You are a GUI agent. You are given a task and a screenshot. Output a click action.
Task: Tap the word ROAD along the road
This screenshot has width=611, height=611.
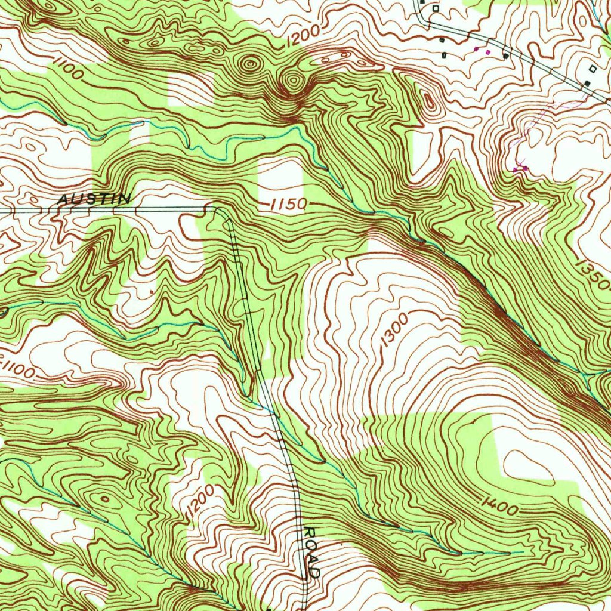(312, 552)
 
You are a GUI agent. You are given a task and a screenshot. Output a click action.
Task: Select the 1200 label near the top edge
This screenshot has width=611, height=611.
(303, 37)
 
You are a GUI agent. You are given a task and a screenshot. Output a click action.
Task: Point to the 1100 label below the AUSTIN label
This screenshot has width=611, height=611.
(18, 370)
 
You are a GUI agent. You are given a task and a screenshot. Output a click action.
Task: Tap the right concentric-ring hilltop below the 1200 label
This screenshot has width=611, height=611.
(292, 81)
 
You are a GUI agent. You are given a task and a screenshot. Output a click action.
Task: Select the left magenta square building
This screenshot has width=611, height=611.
(476, 50)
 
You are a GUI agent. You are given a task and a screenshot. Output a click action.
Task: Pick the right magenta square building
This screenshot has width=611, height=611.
(488, 53)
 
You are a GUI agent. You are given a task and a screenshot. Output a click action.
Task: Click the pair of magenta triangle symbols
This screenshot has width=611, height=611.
(520, 169)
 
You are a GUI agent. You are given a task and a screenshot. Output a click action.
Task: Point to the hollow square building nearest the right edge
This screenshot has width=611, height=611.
(592, 69)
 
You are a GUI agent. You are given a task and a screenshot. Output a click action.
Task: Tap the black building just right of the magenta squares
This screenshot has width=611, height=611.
(505, 56)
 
